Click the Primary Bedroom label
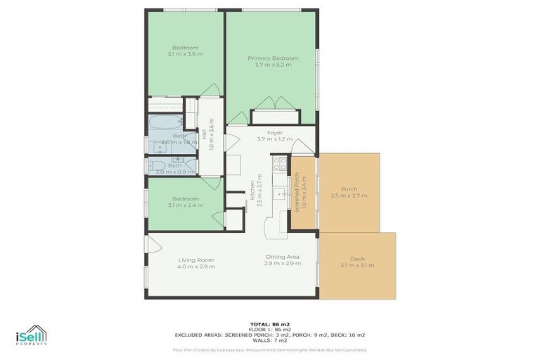(x=273, y=58)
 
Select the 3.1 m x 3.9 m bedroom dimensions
(x=185, y=54)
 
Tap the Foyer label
(x=274, y=132)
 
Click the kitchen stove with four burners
(x=279, y=164)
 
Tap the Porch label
(x=349, y=189)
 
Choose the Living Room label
(x=196, y=260)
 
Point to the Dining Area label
(x=283, y=257)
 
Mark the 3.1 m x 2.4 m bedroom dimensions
(x=185, y=205)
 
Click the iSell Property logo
(x=32, y=335)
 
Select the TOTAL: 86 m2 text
(x=270, y=324)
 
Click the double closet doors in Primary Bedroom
(x=275, y=103)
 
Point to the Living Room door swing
(x=153, y=245)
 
